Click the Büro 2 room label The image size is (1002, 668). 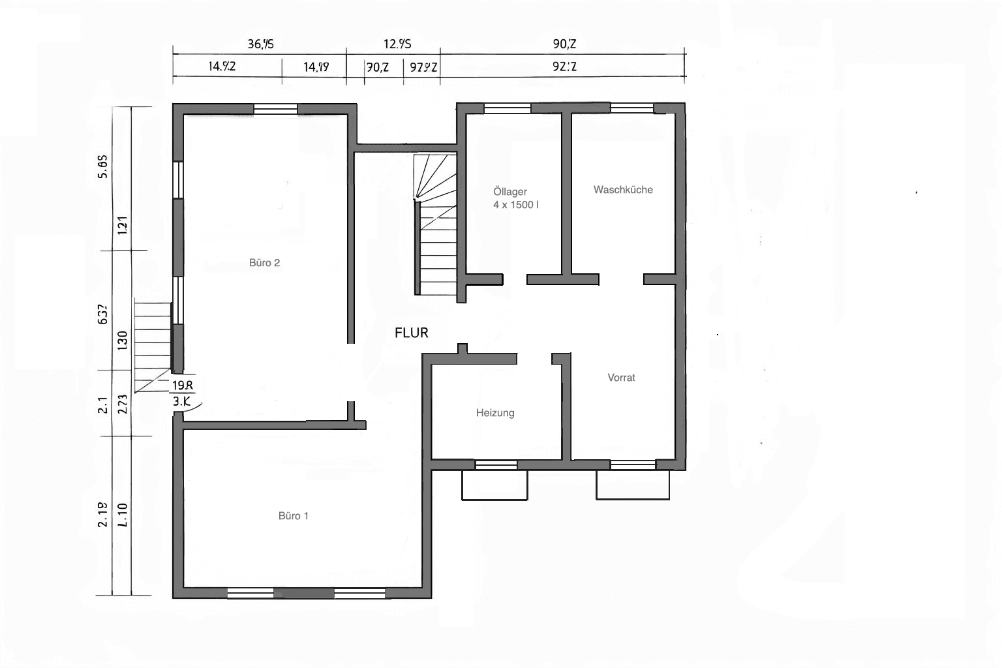coord(264,263)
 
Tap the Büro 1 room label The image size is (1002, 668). coord(293,516)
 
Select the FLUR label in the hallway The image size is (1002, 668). coord(412,333)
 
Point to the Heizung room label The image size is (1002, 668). coord(495,413)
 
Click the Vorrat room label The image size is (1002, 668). coord(621,378)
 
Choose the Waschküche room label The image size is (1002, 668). coord(623,190)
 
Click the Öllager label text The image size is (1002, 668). coord(510,192)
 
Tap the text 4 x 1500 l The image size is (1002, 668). coord(516,205)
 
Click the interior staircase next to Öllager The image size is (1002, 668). coord(436,225)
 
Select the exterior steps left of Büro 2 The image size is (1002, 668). coord(153,346)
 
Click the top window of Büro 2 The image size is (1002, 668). coord(275,109)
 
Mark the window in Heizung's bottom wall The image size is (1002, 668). coord(496,465)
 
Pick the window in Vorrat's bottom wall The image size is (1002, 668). coord(633,465)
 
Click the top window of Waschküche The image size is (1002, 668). coord(631,108)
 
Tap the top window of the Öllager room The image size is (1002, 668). coord(507,108)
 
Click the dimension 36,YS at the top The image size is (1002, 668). coord(260,44)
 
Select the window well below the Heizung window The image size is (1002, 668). coord(494,485)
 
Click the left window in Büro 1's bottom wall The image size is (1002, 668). coord(250,593)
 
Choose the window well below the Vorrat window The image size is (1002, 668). coord(633,485)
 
